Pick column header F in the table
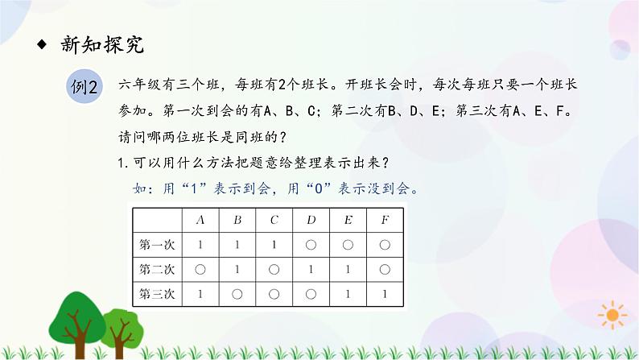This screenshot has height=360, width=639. (385, 219)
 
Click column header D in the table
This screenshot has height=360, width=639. (311, 219)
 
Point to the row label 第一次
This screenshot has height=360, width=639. (157, 244)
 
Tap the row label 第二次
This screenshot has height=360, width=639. (157, 269)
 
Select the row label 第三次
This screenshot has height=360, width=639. (157, 294)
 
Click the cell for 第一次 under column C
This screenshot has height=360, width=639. (274, 244)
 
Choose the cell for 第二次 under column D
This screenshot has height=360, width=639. (311, 269)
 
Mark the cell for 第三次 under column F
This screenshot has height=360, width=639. (385, 294)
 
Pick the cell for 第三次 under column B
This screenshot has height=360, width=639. (237, 294)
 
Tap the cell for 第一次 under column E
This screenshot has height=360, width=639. (348, 244)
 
